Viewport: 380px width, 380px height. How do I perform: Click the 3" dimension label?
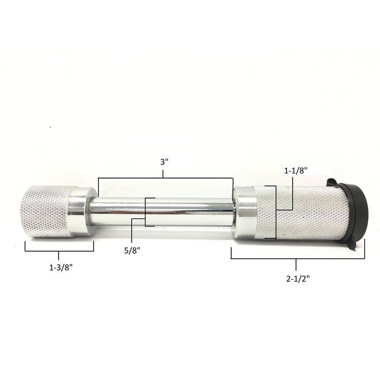coord(164,162)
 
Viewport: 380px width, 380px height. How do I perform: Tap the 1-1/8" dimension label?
coord(295,171)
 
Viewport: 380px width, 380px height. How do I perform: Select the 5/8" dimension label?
coord(133,250)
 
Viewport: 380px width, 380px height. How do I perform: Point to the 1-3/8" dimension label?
coord(61,267)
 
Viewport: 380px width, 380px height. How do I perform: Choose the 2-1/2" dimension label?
coord(298,279)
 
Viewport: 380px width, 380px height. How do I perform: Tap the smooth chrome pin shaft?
coord(161,211)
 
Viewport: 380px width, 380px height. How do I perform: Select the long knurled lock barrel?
coord(301,212)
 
